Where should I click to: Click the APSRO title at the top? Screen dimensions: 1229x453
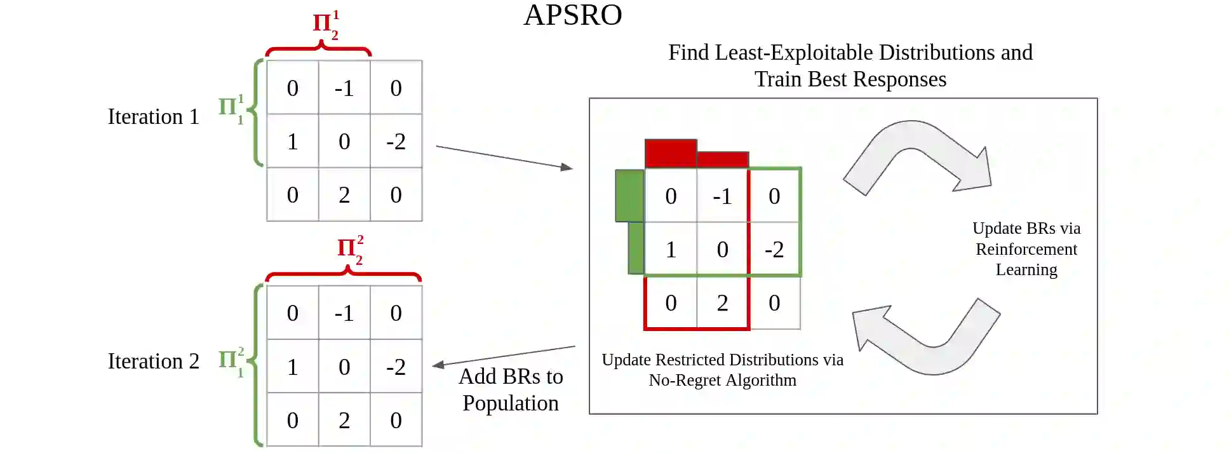coord(572,15)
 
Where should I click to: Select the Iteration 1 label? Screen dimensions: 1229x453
coord(153,117)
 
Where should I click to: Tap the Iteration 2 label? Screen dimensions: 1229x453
coord(153,362)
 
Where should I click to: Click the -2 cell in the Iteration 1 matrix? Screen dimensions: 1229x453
coord(396,141)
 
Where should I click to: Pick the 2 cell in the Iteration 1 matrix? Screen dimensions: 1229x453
coord(344,195)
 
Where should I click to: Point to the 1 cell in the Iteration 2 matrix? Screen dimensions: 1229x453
coord(292,367)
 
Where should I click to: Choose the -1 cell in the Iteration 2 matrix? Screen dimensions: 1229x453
coord(344,313)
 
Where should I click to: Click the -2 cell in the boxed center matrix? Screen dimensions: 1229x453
coord(774,250)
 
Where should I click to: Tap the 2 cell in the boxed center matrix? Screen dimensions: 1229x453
coord(722,303)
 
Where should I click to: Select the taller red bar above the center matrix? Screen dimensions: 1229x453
coord(671,153)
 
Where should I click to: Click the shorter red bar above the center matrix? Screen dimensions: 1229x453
coord(723,159)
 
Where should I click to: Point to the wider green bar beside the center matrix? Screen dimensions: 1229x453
coord(629,196)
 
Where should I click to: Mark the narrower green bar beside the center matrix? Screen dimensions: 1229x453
coord(636,248)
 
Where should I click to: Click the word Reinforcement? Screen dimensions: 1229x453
coord(1026,249)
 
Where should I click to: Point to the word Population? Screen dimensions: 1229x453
coord(510,403)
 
